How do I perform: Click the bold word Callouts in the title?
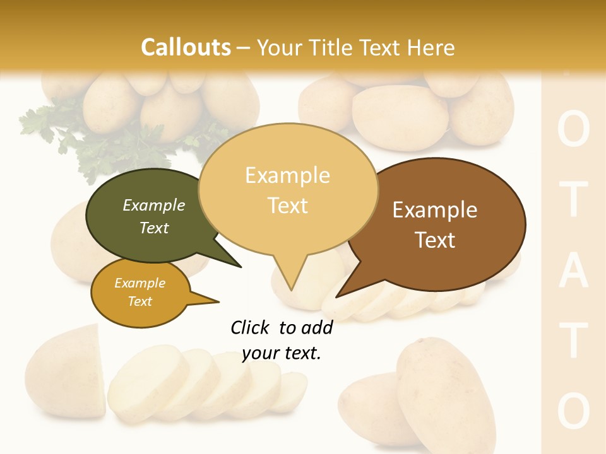186,47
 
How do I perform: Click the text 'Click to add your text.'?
282,340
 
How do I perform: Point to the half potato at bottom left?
66,372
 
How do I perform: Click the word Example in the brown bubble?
435,210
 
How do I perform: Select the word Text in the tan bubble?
288,205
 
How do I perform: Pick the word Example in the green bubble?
154,205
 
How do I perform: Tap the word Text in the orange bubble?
140,301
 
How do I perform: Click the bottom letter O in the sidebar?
574,411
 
